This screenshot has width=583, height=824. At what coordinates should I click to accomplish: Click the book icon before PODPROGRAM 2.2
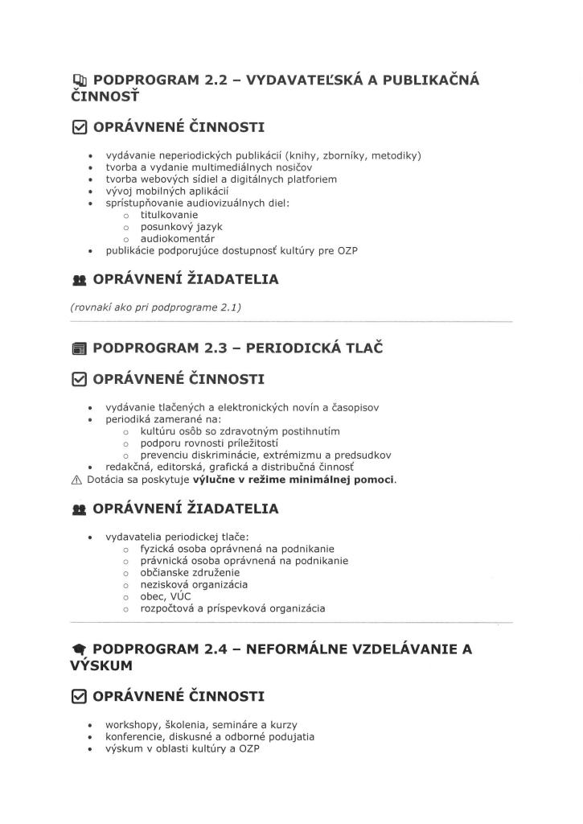point(78,80)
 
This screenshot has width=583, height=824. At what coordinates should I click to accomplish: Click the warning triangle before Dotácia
point(77,480)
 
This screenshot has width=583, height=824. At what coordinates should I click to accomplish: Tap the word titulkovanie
point(169,215)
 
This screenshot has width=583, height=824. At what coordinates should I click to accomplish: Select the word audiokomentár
point(177,239)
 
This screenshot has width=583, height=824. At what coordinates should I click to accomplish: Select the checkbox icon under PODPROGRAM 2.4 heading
point(78,696)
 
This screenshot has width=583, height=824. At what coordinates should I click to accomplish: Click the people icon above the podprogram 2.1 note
point(78,280)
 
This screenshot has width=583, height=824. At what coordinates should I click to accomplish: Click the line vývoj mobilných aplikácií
point(167,191)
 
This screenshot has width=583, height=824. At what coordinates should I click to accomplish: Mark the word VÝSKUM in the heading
point(101,666)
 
